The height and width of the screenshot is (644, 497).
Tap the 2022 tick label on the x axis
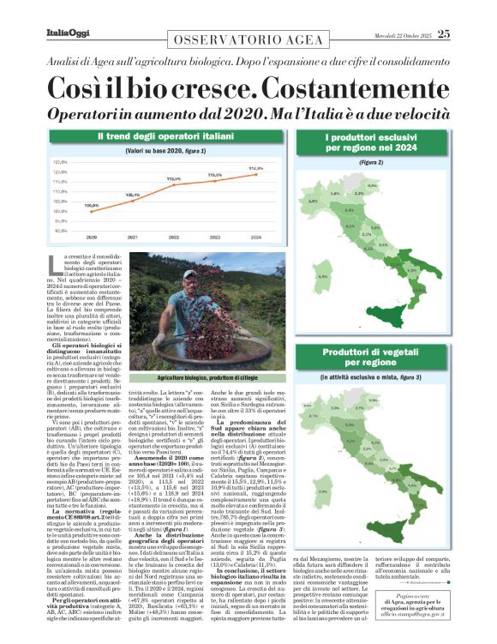174,237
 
